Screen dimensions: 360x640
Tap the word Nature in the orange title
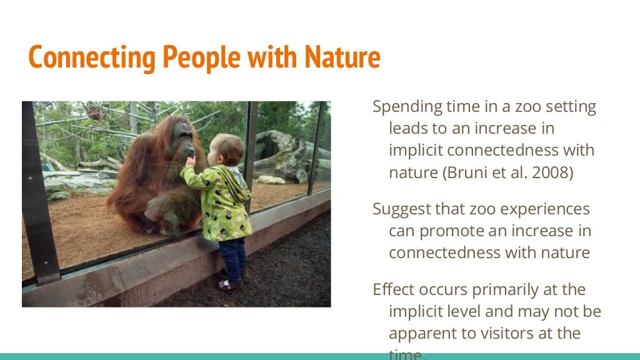pyautogui.click(x=342, y=57)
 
